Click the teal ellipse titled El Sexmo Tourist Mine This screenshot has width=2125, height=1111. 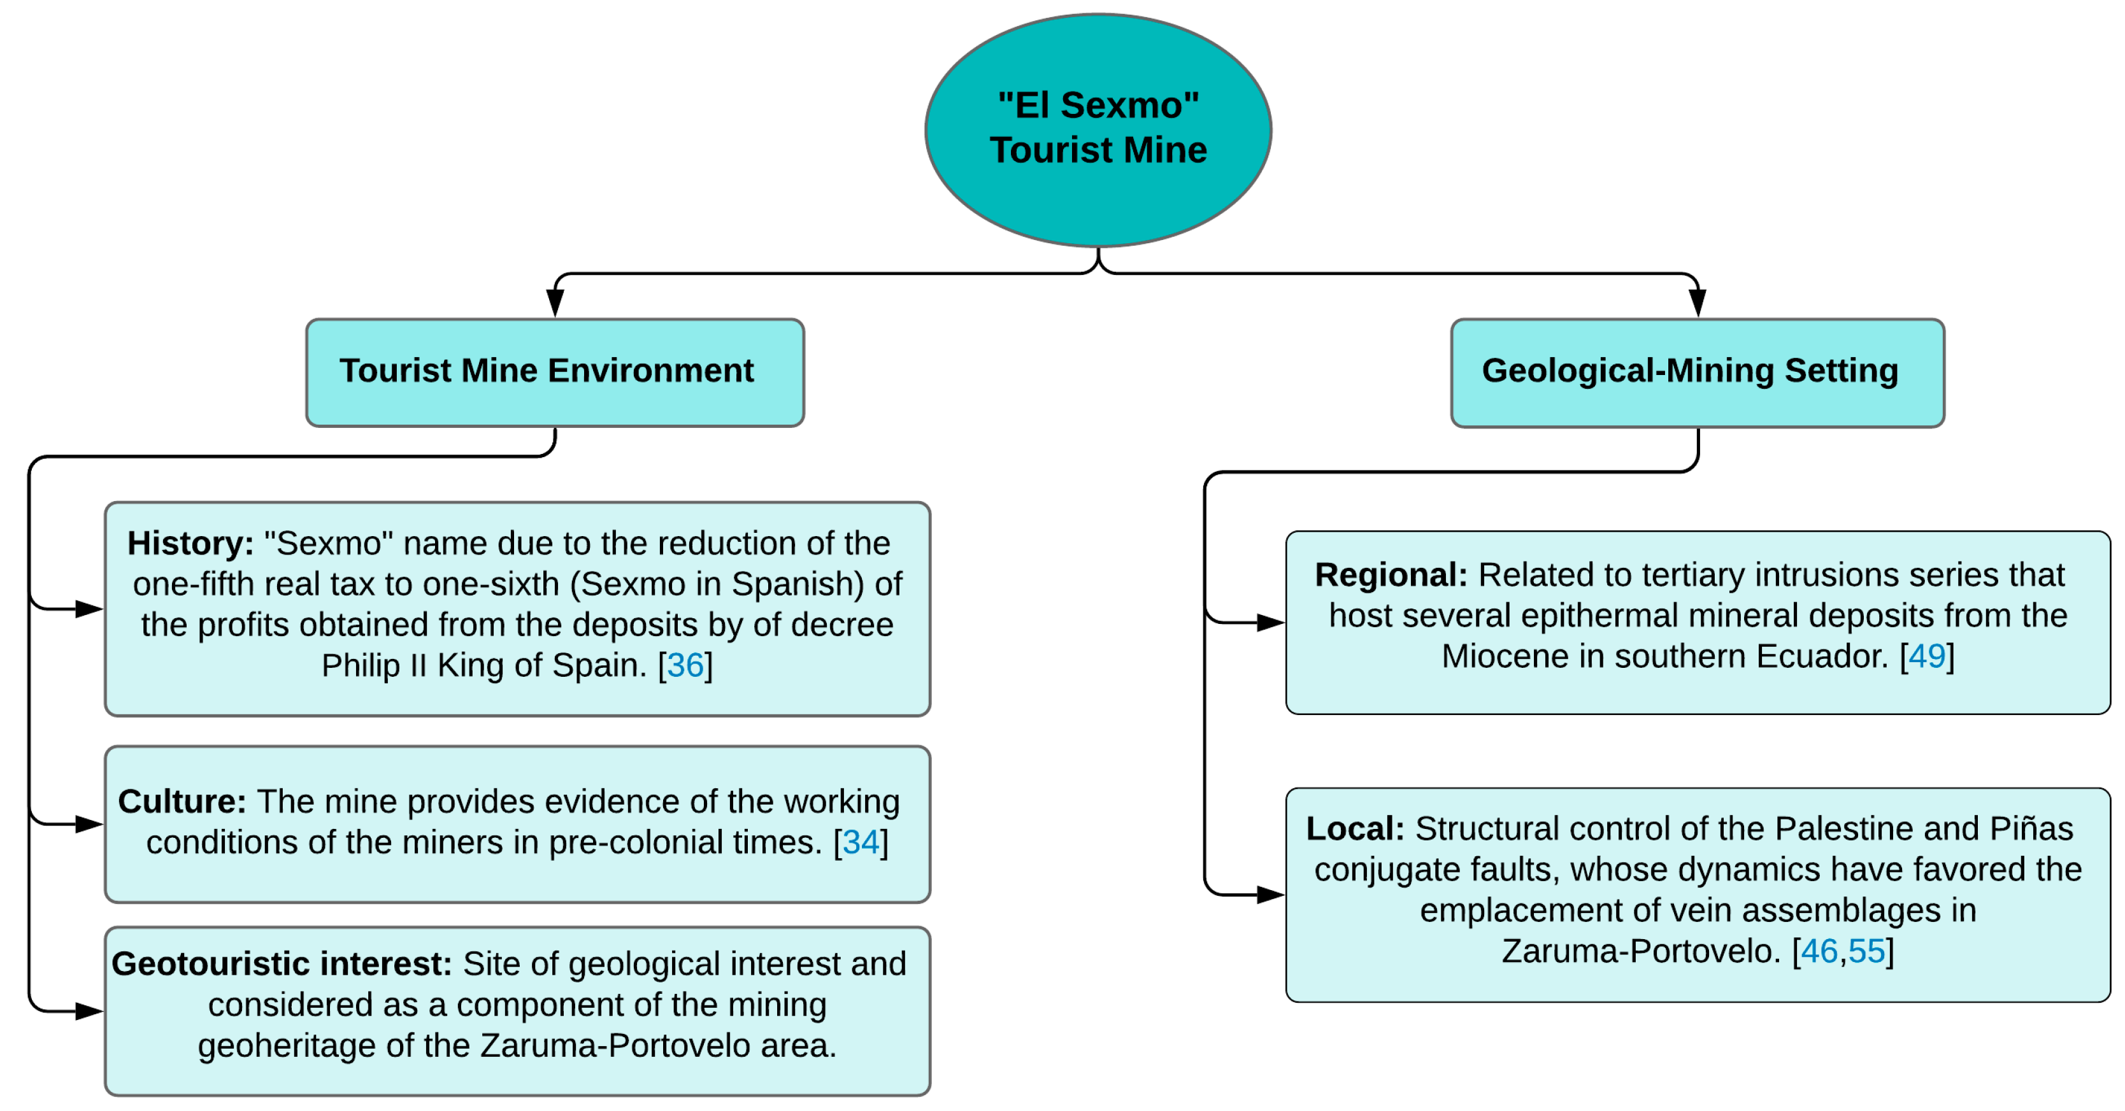[x=1098, y=129]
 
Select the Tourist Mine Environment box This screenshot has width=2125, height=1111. [x=554, y=372]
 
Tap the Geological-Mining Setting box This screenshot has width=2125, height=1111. [x=1697, y=372]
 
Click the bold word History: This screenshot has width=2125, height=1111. [x=190, y=544]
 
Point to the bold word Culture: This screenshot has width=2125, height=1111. [x=182, y=801]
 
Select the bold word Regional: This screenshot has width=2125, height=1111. [x=1391, y=575]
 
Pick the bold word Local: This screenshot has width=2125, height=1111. [x=1354, y=828]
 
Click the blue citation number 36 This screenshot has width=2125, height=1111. [x=685, y=665]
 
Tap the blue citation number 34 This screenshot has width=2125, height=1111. [x=861, y=842]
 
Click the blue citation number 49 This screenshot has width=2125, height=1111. [x=1926, y=656]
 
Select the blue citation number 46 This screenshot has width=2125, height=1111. [x=1819, y=951]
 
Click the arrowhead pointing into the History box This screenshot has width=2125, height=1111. [x=89, y=609]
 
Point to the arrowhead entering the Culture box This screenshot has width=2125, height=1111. [x=89, y=824]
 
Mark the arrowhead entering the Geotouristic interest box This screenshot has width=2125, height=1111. [x=89, y=1010]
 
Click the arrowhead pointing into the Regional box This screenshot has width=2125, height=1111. [x=1270, y=623]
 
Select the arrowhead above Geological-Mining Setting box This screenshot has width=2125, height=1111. [x=1697, y=302]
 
